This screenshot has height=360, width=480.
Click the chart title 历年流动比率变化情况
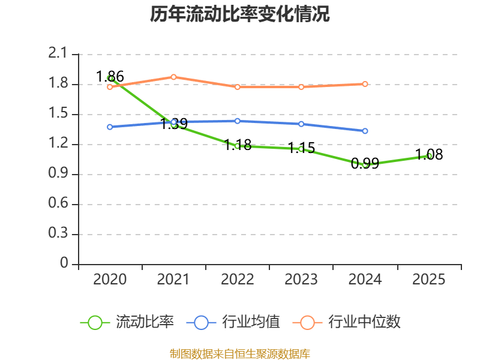tap(240, 14)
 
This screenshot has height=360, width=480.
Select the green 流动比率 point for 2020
tap(110, 78)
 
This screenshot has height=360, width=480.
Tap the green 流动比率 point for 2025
tap(429, 156)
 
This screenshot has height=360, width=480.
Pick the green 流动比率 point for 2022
tap(238, 146)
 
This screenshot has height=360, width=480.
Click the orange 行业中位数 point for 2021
tap(173, 77)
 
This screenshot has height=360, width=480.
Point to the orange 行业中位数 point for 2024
tap(365, 84)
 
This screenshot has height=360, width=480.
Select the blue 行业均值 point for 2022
tap(238, 121)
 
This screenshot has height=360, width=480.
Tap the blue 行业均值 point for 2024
tap(365, 131)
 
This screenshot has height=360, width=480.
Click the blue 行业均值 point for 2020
tap(110, 127)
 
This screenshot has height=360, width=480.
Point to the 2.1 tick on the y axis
tap(59, 54)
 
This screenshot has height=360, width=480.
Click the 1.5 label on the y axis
tap(59, 114)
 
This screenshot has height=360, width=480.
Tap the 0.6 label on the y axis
tap(59, 204)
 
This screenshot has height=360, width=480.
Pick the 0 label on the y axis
tap(65, 264)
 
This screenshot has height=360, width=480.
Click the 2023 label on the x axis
tap(301, 280)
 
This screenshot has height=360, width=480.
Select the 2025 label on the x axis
tap(429, 280)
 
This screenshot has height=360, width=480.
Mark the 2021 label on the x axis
tap(173, 280)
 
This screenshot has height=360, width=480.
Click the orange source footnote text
tap(240, 353)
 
